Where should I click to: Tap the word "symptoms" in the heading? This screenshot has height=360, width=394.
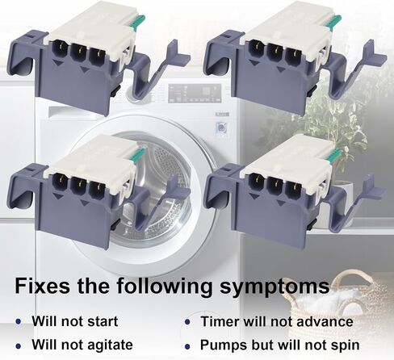[x=275, y=287]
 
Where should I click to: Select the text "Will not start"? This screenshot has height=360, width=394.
[x=75, y=321]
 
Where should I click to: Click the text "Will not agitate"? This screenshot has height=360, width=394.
[x=82, y=345]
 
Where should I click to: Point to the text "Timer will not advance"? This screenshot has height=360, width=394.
[x=277, y=321]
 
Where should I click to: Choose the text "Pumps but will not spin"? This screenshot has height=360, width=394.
[x=280, y=345]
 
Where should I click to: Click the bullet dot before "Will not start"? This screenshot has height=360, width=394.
[x=19, y=321]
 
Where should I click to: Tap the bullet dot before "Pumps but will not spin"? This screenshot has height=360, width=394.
[x=187, y=346]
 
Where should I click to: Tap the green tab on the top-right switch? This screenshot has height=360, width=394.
[x=334, y=21]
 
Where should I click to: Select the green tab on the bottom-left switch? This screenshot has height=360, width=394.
[x=139, y=155]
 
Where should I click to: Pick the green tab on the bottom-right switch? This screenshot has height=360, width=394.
[x=334, y=156]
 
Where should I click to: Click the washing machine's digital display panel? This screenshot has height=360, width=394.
[x=195, y=93]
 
